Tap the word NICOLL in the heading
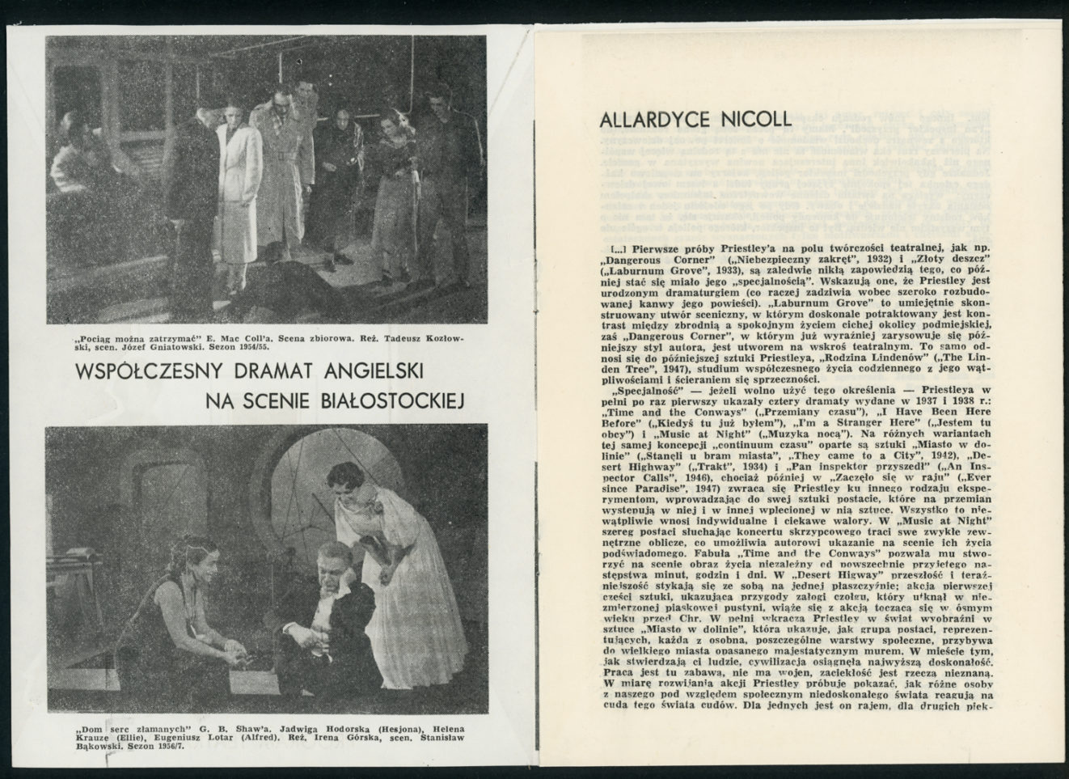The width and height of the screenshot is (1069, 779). point(751,121)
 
